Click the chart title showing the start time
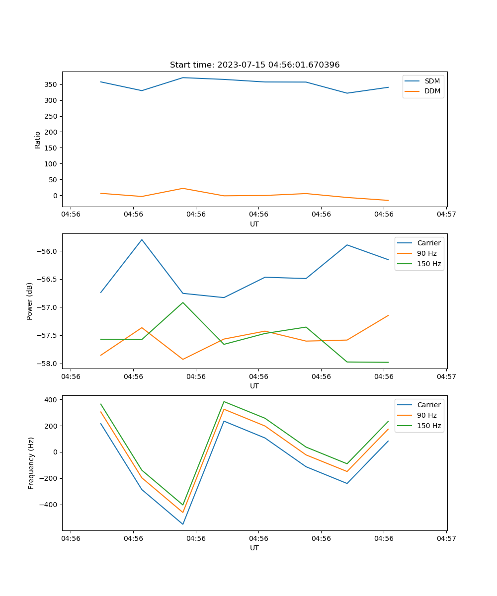254,65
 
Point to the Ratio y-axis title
38,140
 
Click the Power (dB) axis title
30,301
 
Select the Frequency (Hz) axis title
31,463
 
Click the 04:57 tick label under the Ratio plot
446,215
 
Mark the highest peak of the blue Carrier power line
142,240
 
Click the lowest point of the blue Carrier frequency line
183,524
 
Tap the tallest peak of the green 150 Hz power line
183,302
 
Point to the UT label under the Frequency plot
254,548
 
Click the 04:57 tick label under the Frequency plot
446,538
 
